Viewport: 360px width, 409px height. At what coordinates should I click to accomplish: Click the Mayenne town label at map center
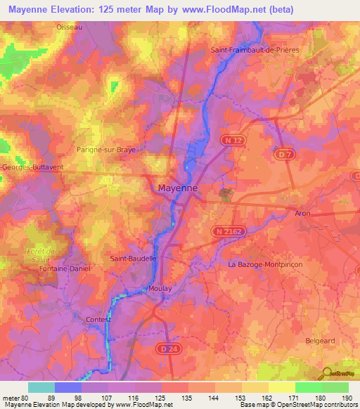click(177, 188)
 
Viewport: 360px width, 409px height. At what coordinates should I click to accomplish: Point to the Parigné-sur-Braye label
click(105, 150)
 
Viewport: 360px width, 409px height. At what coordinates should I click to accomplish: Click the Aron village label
click(303, 212)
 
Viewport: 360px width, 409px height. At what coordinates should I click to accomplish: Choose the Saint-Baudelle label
click(133, 259)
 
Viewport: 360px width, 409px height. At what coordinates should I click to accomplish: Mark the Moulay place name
click(160, 289)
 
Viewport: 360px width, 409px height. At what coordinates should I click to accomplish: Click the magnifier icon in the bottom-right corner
click(328, 373)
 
